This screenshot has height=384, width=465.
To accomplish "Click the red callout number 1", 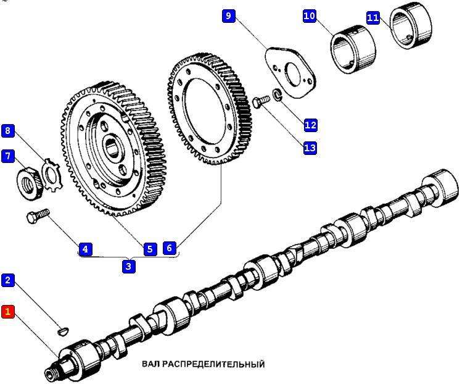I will (8, 312).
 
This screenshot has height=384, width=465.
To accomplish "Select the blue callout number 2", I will (8, 280).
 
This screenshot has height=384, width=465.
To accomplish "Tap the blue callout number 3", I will (128, 267).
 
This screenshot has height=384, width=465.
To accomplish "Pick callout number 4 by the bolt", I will (85, 249).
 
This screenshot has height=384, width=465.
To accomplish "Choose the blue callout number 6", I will (170, 248).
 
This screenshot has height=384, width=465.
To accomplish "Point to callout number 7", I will (8, 156).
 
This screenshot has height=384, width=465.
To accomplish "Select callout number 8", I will (8, 130).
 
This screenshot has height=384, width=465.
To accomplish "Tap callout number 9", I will (229, 15).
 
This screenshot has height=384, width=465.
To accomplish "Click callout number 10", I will (310, 15).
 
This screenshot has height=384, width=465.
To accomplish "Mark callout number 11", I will (372, 17).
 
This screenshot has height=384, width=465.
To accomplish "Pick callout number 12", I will (310, 125).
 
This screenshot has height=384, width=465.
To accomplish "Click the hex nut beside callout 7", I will (28, 182).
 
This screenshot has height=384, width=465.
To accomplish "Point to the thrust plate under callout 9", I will (290, 70).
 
